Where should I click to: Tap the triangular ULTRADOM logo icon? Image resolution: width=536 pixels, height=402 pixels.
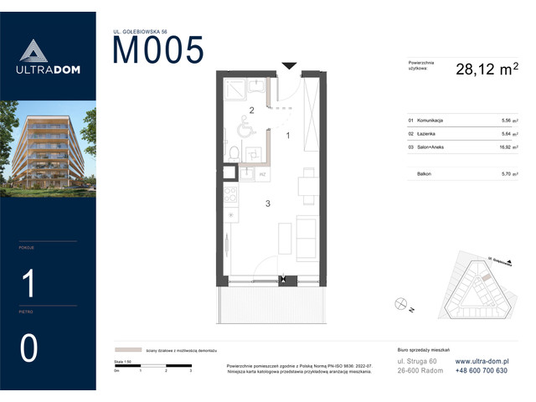tap(29, 53)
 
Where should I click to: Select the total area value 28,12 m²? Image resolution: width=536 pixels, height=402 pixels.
tap(486, 70)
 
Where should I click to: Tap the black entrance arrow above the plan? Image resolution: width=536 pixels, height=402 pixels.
tap(289, 65)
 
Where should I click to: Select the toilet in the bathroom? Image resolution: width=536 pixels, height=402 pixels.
tap(236, 152)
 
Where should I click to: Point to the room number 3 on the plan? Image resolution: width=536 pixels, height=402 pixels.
tap(267, 204)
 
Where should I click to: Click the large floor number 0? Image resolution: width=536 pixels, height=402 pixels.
tap(28, 348)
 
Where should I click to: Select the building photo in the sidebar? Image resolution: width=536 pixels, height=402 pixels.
tap(48, 148)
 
